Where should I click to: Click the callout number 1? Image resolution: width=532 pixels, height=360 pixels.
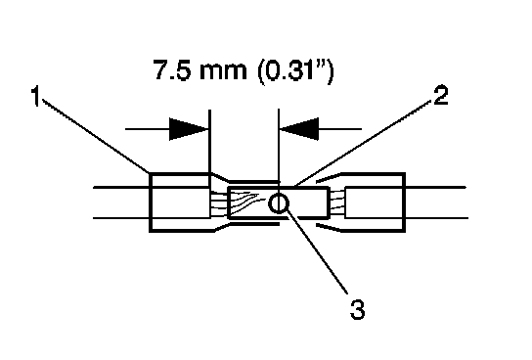pyautogui.click(x=35, y=97)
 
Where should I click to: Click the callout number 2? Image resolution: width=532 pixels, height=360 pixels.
pyautogui.click(x=440, y=95)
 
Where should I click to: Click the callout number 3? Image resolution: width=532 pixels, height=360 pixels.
pyautogui.click(x=357, y=309)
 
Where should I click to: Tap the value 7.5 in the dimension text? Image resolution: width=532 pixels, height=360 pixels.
pyautogui.click(x=172, y=70)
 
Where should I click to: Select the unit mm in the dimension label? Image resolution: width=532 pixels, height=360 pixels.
pyautogui.click(x=223, y=72)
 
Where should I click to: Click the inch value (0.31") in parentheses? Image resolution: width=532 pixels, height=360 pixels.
pyautogui.click(x=295, y=71)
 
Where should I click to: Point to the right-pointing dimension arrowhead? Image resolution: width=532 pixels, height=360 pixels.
pyautogui.click(x=189, y=129)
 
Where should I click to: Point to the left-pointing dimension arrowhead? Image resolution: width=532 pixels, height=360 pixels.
pyautogui.click(x=299, y=129)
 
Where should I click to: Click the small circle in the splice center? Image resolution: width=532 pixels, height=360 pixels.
pyautogui.click(x=279, y=203)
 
